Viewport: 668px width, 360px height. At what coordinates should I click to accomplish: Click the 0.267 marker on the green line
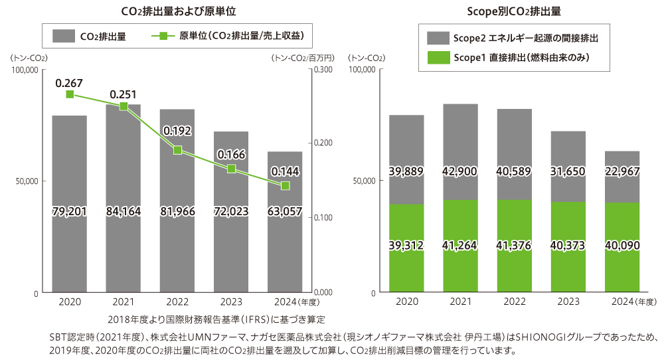coord(70,94)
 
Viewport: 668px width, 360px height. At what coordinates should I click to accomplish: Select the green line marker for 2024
coord(286,185)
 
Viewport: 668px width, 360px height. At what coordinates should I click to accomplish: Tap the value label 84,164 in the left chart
coord(123,211)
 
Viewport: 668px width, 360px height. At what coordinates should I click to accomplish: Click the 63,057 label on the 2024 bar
coord(285,211)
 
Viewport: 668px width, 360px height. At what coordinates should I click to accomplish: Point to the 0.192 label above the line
coord(177,130)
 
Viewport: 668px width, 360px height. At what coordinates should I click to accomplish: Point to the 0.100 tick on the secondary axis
coord(323,218)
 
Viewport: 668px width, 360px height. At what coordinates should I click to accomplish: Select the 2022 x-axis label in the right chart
coord(515,302)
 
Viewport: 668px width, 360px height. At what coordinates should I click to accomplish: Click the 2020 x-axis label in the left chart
coord(70,302)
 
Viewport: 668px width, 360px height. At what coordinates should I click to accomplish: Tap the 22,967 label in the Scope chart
coord(622,172)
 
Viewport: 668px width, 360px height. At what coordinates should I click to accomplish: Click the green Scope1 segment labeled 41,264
coord(460,246)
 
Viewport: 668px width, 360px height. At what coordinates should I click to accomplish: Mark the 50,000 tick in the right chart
coord(363,181)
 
